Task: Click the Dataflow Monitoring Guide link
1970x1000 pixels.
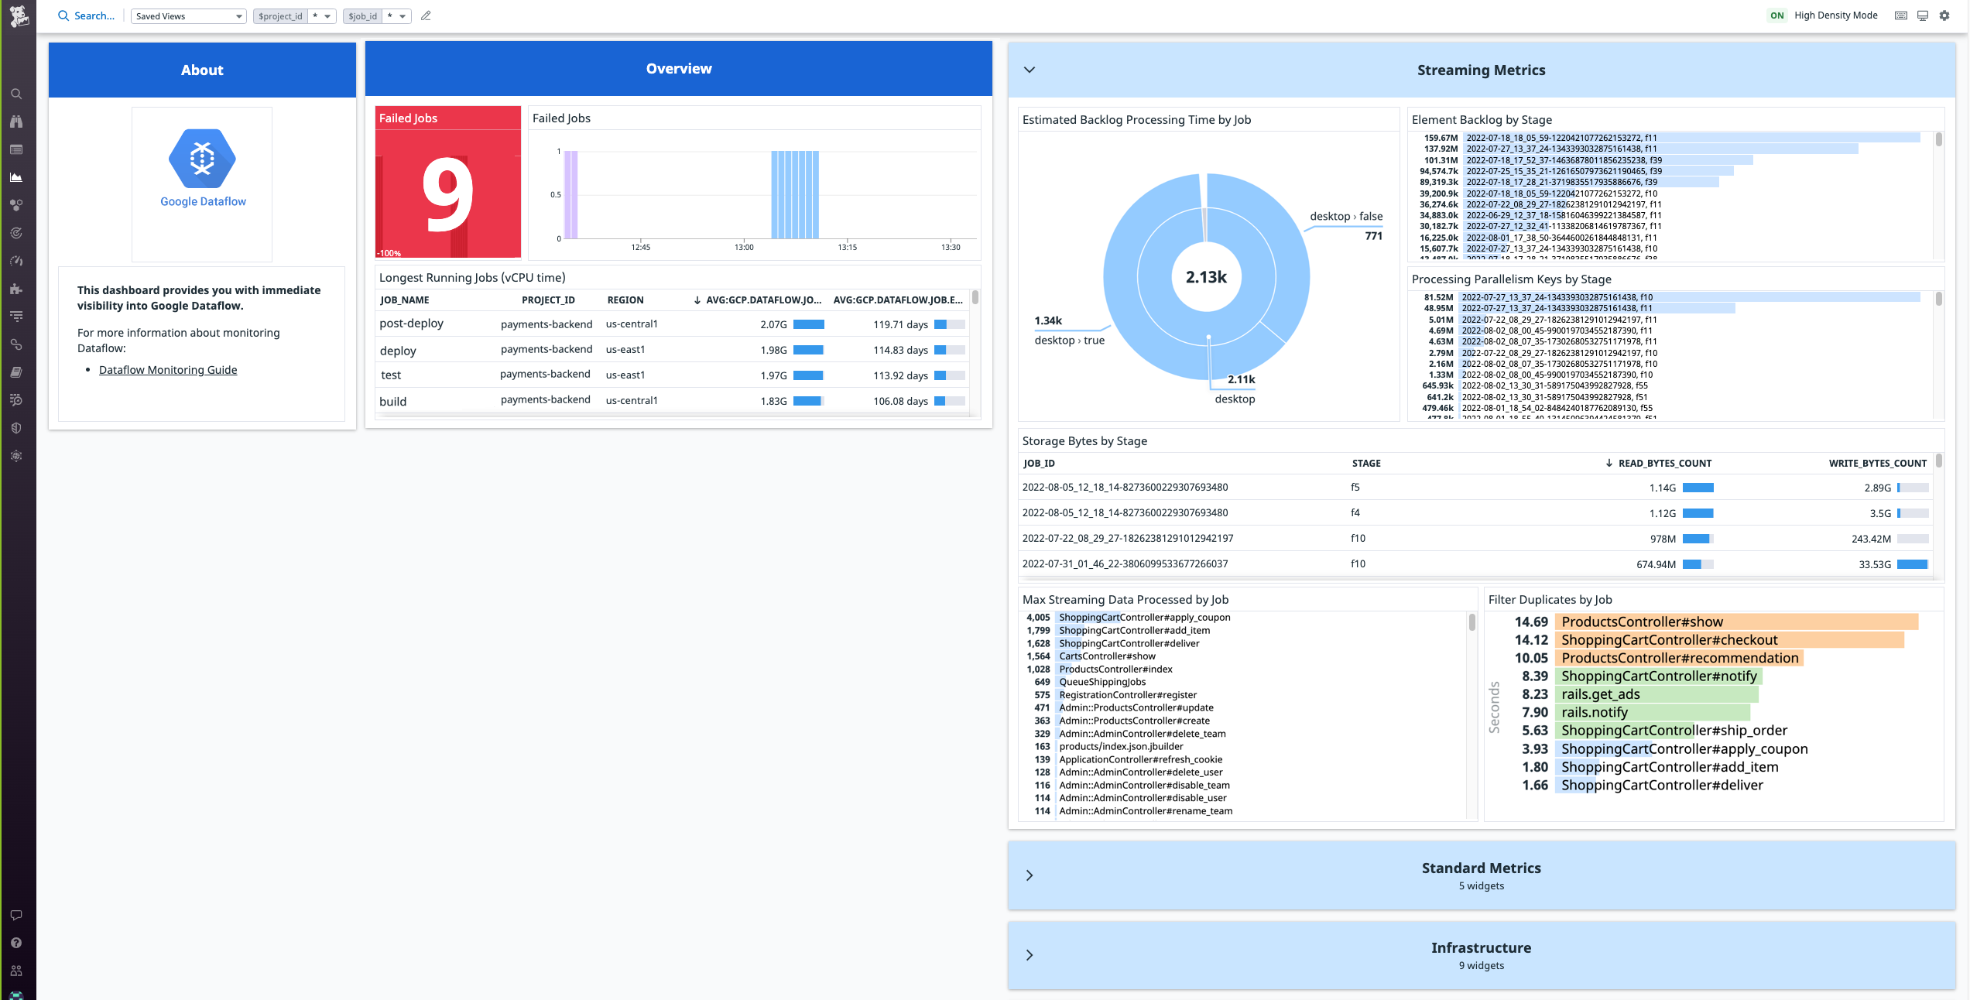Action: point(168,370)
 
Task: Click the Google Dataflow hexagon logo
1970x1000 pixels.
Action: point(202,158)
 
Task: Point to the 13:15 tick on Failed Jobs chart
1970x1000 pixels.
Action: point(847,247)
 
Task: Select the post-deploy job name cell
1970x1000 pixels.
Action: point(411,324)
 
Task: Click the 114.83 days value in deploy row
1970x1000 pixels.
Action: point(900,350)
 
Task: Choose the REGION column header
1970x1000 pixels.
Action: point(625,300)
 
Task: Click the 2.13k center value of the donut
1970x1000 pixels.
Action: point(1206,277)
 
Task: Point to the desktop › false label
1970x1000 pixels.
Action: point(1345,217)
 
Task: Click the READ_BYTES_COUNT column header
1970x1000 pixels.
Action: point(1664,464)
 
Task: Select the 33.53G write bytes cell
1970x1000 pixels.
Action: point(1874,564)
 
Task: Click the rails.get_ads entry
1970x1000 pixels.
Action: point(1600,694)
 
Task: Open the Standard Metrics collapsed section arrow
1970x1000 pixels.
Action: point(1029,875)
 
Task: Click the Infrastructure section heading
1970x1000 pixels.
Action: point(1480,948)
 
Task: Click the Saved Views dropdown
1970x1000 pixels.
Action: point(188,16)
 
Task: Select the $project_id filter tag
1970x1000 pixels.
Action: point(280,16)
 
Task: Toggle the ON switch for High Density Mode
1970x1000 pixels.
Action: point(1776,15)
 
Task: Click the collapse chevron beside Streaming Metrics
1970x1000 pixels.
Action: point(1029,70)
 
